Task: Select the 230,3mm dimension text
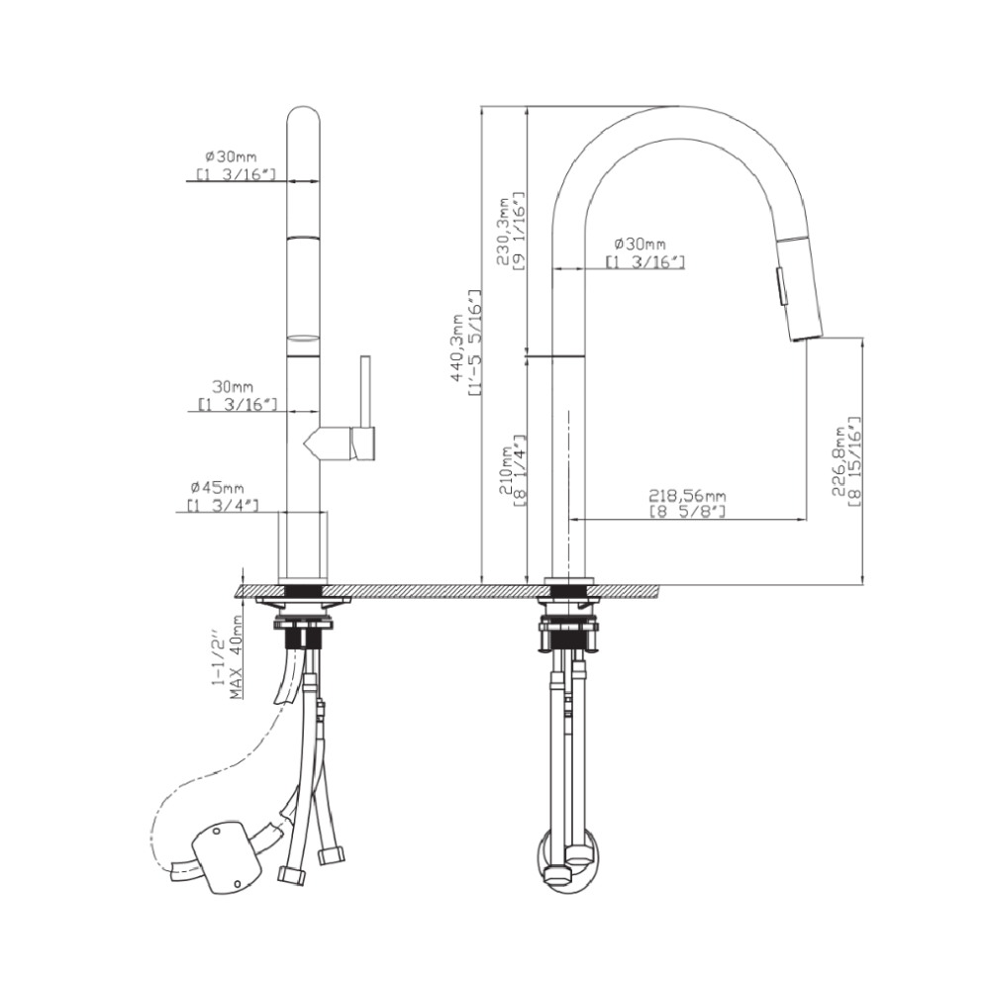pyautogui.click(x=503, y=232)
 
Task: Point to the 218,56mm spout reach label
pyautogui.click(x=687, y=496)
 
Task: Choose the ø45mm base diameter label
pyautogui.click(x=217, y=487)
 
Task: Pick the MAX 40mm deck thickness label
pyautogui.click(x=237, y=657)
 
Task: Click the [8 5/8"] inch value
pyautogui.click(x=687, y=512)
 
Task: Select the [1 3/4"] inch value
pyautogui.click(x=222, y=505)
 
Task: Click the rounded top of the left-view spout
pyautogui.click(x=304, y=116)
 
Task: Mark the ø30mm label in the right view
pyautogui.click(x=640, y=244)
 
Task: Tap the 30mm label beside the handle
pyautogui.click(x=233, y=387)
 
